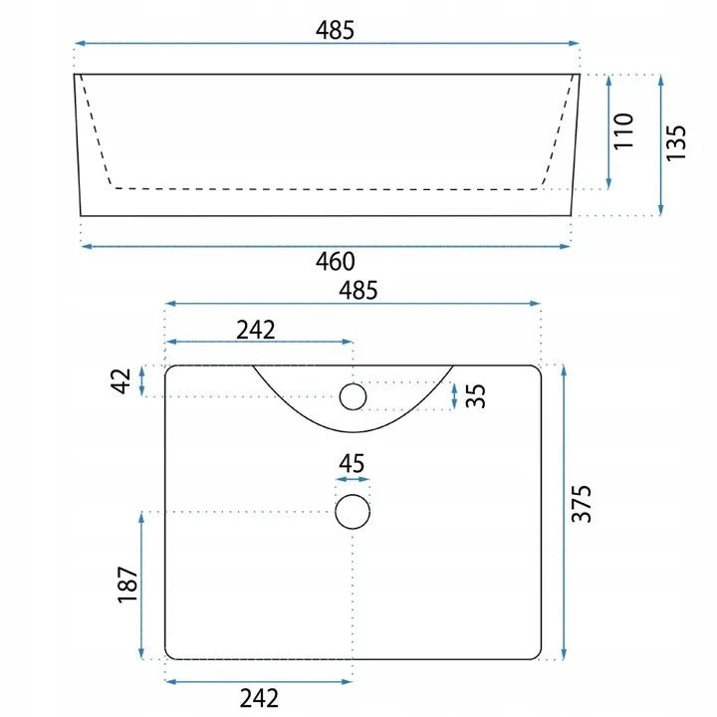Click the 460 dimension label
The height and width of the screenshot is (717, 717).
(x=336, y=262)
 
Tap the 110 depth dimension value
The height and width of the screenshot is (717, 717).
(x=623, y=130)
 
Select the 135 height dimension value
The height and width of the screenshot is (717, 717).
(x=676, y=142)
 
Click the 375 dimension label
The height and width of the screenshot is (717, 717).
(x=582, y=504)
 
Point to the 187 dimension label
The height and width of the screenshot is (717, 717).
(x=127, y=586)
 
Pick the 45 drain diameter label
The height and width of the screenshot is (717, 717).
(x=352, y=464)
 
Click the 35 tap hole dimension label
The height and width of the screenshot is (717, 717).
(x=476, y=395)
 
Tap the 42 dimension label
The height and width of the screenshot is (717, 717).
(x=120, y=380)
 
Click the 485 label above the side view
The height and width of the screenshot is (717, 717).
(x=335, y=30)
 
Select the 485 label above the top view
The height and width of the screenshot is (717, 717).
(x=358, y=291)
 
